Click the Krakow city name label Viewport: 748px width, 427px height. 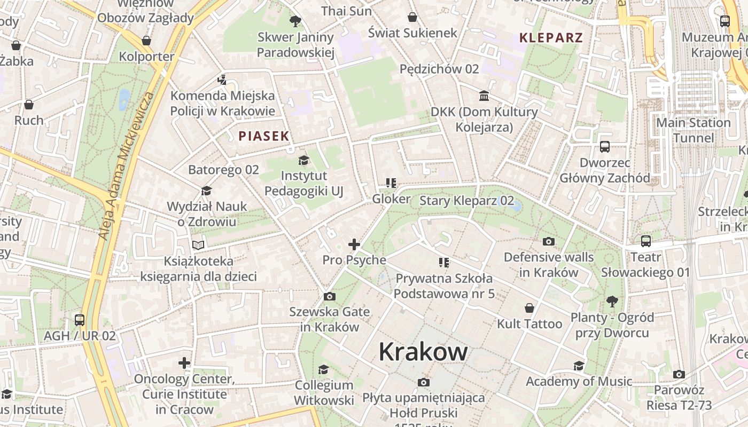point(423,352)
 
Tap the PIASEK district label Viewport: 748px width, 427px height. point(264,136)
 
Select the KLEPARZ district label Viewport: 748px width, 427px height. point(551,38)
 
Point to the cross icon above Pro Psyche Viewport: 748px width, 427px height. point(354,244)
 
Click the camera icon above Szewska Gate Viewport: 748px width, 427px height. point(330,296)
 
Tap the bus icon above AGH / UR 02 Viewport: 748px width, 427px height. point(80,320)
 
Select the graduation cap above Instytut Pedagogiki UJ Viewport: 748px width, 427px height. point(303,160)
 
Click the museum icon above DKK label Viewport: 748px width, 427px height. point(484,96)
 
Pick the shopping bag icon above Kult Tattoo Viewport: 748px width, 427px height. point(529,308)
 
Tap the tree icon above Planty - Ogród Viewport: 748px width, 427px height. point(612,302)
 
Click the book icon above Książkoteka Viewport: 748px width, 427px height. point(198,246)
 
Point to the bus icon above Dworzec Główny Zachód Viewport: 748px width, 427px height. point(605,147)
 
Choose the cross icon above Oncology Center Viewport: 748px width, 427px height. point(184,363)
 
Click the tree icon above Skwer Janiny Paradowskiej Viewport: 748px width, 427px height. point(295,21)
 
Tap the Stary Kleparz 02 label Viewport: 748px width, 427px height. point(466,201)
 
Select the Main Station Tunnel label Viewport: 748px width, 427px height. point(693,130)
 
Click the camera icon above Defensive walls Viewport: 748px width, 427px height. point(549,242)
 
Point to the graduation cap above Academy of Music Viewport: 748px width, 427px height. point(579,366)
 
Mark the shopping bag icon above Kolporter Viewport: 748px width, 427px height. point(146,41)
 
